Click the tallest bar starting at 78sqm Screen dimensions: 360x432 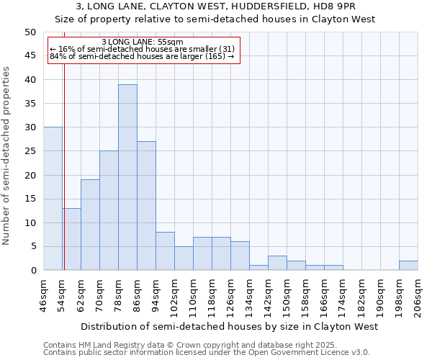click(127, 177)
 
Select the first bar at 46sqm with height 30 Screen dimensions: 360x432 click(53, 199)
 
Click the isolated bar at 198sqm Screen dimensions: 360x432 click(408, 266)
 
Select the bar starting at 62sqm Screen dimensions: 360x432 click(90, 225)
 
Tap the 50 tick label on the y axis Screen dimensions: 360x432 click(30, 32)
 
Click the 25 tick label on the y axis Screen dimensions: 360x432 click(30, 151)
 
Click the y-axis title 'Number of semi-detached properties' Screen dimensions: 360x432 click(7, 156)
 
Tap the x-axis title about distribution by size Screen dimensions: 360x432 click(229, 326)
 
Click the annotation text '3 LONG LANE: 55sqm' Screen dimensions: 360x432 click(143, 42)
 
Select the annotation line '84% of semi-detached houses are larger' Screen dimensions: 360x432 click(143, 55)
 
